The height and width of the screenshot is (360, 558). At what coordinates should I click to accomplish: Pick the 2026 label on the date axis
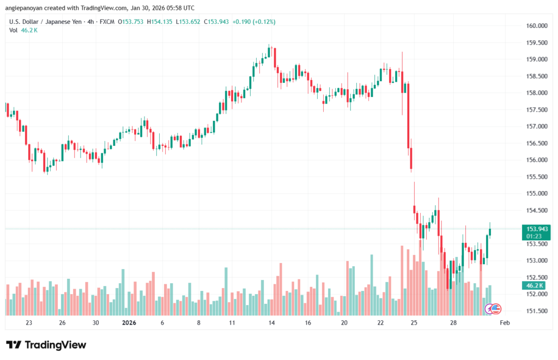pyautogui.click(x=129, y=323)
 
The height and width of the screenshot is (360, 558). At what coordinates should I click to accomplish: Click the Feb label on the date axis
pyautogui.click(x=504, y=323)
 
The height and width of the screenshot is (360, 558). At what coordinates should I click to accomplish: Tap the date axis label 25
pyautogui.click(x=414, y=323)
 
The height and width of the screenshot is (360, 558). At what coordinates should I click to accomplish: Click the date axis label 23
pyautogui.click(x=29, y=323)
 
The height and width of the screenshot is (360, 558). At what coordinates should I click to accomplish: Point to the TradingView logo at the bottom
pyautogui.click(x=46, y=345)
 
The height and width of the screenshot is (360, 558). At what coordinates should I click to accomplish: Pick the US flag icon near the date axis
pyautogui.click(x=496, y=309)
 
